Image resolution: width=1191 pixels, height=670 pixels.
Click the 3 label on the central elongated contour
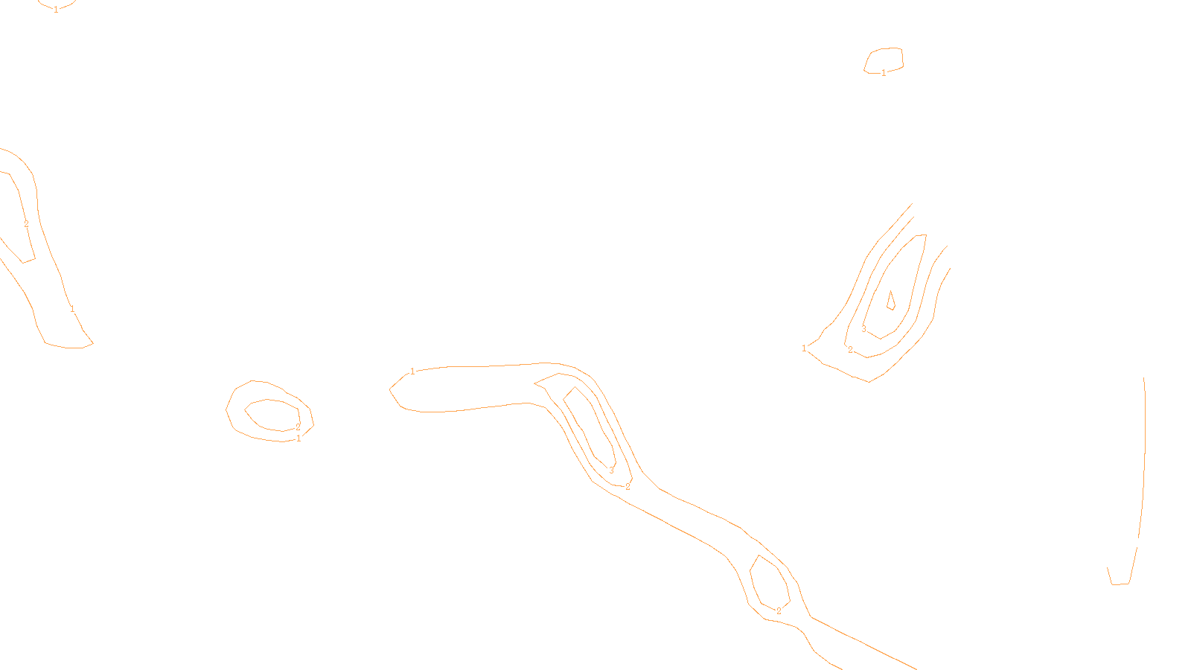(x=612, y=470)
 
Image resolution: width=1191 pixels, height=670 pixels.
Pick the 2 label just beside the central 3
(x=628, y=487)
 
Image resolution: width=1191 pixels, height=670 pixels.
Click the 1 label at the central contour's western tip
(x=413, y=371)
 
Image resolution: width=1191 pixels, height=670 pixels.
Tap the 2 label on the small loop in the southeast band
(x=779, y=611)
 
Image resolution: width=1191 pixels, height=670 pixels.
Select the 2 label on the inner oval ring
(x=298, y=427)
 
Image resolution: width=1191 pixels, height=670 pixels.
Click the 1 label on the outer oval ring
(x=298, y=438)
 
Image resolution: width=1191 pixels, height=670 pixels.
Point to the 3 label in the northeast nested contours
(x=863, y=329)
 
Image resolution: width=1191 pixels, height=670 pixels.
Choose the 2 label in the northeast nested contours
(x=851, y=350)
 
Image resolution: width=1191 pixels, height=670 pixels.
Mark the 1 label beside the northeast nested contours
(x=804, y=348)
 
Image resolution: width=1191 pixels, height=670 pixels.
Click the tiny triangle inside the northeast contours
(x=890, y=301)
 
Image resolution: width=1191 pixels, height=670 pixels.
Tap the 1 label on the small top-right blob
(x=884, y=73)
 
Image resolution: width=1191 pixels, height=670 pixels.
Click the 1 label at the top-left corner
(x=56, y=10)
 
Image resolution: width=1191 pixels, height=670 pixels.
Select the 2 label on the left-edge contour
(x=26, y=224)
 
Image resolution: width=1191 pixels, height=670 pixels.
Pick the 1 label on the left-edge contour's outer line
(x=72, y=309)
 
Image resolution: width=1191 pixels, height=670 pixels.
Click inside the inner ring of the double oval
(x=272, y=415)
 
